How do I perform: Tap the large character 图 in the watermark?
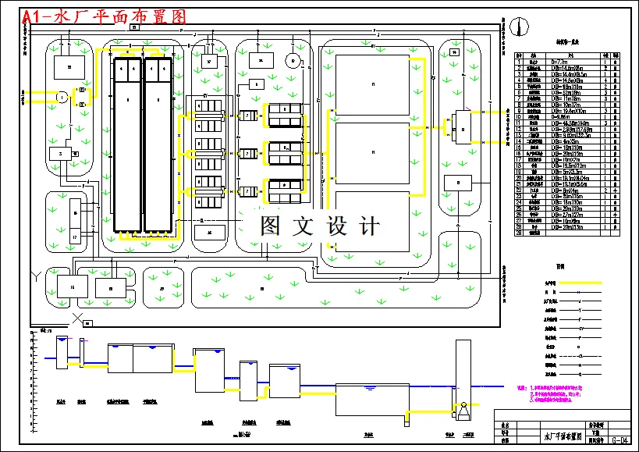tap(270, 226)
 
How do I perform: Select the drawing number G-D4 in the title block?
tap(620, 440)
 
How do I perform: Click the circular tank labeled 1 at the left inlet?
tap(62, 97)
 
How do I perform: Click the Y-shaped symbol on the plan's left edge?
tap(34, 276)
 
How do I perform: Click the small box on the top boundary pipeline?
tap(134, 27)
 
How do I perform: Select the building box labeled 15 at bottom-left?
tap(72, 287)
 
